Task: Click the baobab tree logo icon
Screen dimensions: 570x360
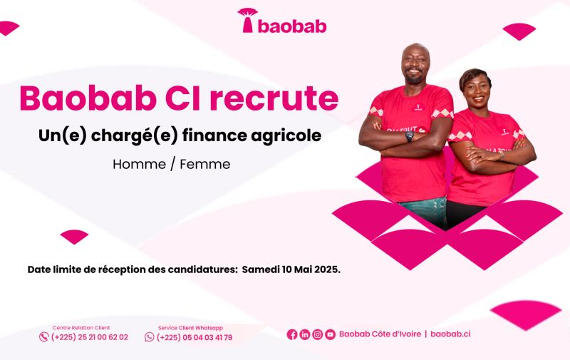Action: (247, 21)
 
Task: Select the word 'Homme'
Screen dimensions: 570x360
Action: (139, 164)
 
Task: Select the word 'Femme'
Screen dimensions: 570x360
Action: (205, 164)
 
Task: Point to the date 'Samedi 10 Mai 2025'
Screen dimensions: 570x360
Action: (291, 269)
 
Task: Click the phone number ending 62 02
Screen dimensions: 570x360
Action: (90, 337)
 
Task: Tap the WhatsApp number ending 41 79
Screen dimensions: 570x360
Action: (195, 337)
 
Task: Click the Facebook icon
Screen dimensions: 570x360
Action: (292, 334)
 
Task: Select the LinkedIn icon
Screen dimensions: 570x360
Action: (305, 334)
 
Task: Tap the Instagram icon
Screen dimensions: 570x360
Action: (317, 334)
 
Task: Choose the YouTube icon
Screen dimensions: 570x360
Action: (330, 334)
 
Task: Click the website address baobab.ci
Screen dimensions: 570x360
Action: (450, 334)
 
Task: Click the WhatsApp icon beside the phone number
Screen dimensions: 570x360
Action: (150, 337)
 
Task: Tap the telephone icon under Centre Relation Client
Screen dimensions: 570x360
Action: (44, 337)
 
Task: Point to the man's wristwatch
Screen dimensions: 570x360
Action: (410, 135)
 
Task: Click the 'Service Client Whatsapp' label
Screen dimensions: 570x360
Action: (190, 328)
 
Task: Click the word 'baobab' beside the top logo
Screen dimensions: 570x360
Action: (292, 26)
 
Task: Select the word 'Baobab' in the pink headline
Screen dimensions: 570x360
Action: (88, 98)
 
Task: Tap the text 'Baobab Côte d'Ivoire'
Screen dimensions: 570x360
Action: (380, 334)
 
